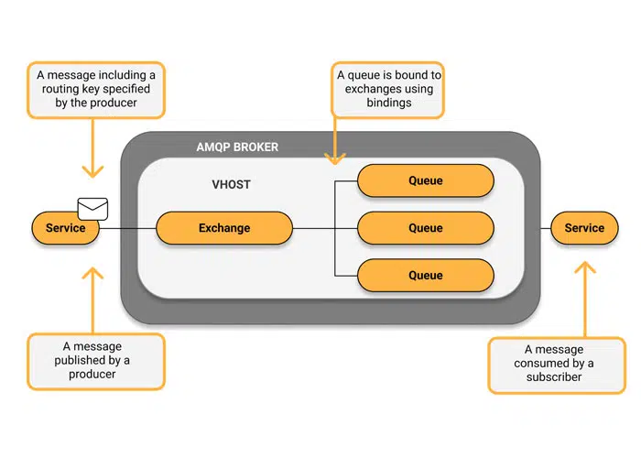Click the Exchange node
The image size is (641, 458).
[x=224, y=228]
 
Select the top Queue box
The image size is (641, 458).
[x=425, y=180]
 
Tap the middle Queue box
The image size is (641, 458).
[x=425, y=228]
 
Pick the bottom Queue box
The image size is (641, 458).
[x=425, y=276]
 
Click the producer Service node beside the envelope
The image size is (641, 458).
[x=65, y=228]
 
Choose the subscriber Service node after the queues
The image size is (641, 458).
[x=584, y=228]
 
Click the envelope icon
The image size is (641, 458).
[x=92, y=209]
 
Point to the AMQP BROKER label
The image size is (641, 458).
[x=237, y=147]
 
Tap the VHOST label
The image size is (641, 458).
[x=231, y=184]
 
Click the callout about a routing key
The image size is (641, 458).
[x=95, y=90]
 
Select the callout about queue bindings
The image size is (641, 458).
[x=387, y=90]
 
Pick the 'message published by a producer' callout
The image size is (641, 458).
[x=96, y=361]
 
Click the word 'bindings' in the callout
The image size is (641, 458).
[x=387, y=104]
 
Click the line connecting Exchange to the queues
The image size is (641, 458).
[x=313, y=228]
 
